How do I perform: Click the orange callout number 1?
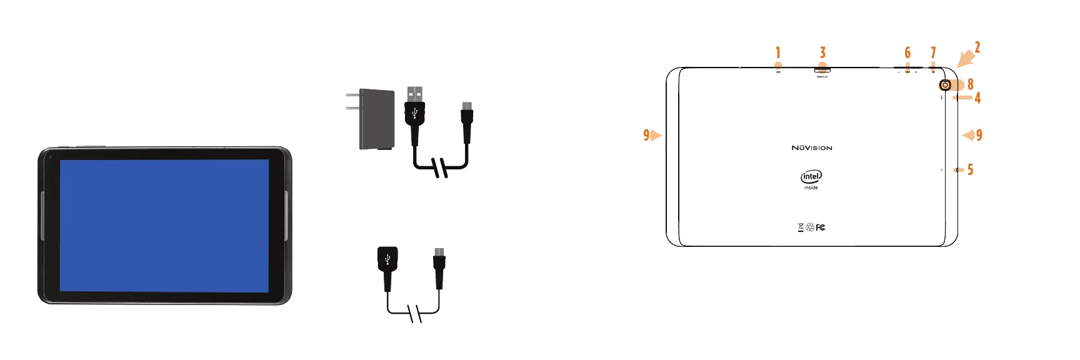778,52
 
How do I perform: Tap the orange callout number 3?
822,52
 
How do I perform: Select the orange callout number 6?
907,52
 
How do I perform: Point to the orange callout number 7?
933,52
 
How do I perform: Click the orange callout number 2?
977,47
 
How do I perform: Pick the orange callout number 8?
970,84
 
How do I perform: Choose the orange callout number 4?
977,97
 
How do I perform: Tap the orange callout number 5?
970,169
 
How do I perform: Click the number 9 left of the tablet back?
646,135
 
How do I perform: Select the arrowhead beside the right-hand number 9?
968,135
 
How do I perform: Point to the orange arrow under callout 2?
965,59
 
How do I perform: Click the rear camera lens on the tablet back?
945,85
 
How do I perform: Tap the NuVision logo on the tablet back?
812,148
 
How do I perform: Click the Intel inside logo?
811,177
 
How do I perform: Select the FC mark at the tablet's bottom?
821,227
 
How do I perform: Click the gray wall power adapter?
377,119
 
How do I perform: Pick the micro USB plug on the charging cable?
467,116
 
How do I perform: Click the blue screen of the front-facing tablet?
164,225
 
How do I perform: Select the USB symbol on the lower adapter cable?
387,257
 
